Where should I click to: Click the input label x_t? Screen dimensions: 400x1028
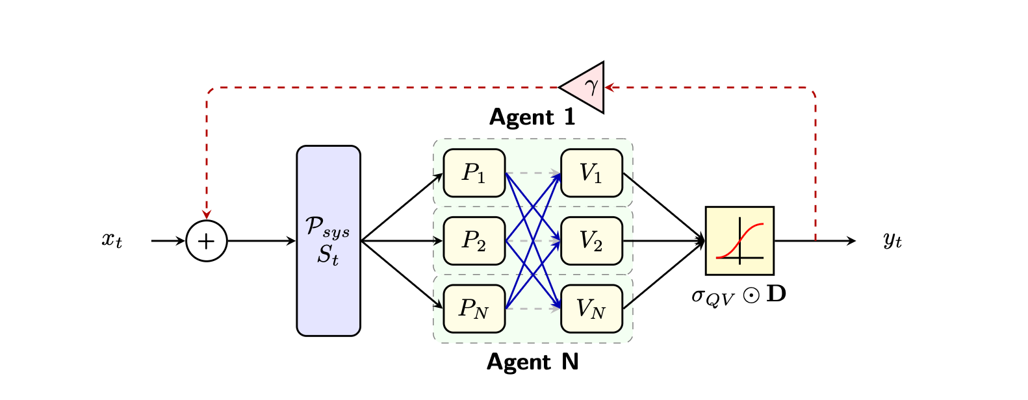(x=112, y=240)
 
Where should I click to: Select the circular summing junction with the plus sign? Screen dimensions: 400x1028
(x=207, y=241)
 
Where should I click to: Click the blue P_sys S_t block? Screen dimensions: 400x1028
(x=328, y=241)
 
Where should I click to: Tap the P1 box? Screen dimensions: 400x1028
(x=474, y=173)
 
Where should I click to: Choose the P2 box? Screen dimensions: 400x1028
(x=474, y=241)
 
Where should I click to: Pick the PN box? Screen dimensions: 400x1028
(x=474, y=308)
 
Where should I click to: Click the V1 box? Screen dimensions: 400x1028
(x=591, y=173)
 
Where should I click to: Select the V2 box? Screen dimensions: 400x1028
(x=591, y=241)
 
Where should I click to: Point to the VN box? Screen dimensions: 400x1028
(x=591, y=308)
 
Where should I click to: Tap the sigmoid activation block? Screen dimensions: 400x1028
(x=739, y=241)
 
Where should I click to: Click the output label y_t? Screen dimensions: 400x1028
(x=892, y=240)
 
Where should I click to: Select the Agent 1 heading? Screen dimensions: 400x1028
(x=532, y=117)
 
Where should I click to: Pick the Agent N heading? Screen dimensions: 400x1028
(x=532, y=362)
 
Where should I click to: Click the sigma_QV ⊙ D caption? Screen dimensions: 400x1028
(x=739, y=295)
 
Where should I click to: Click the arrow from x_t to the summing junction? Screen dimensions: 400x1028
(x=168, y=241)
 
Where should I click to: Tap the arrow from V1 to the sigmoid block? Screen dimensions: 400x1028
(x=663, y=206)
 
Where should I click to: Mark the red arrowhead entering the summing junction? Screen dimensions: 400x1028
(x=207, y=215)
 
